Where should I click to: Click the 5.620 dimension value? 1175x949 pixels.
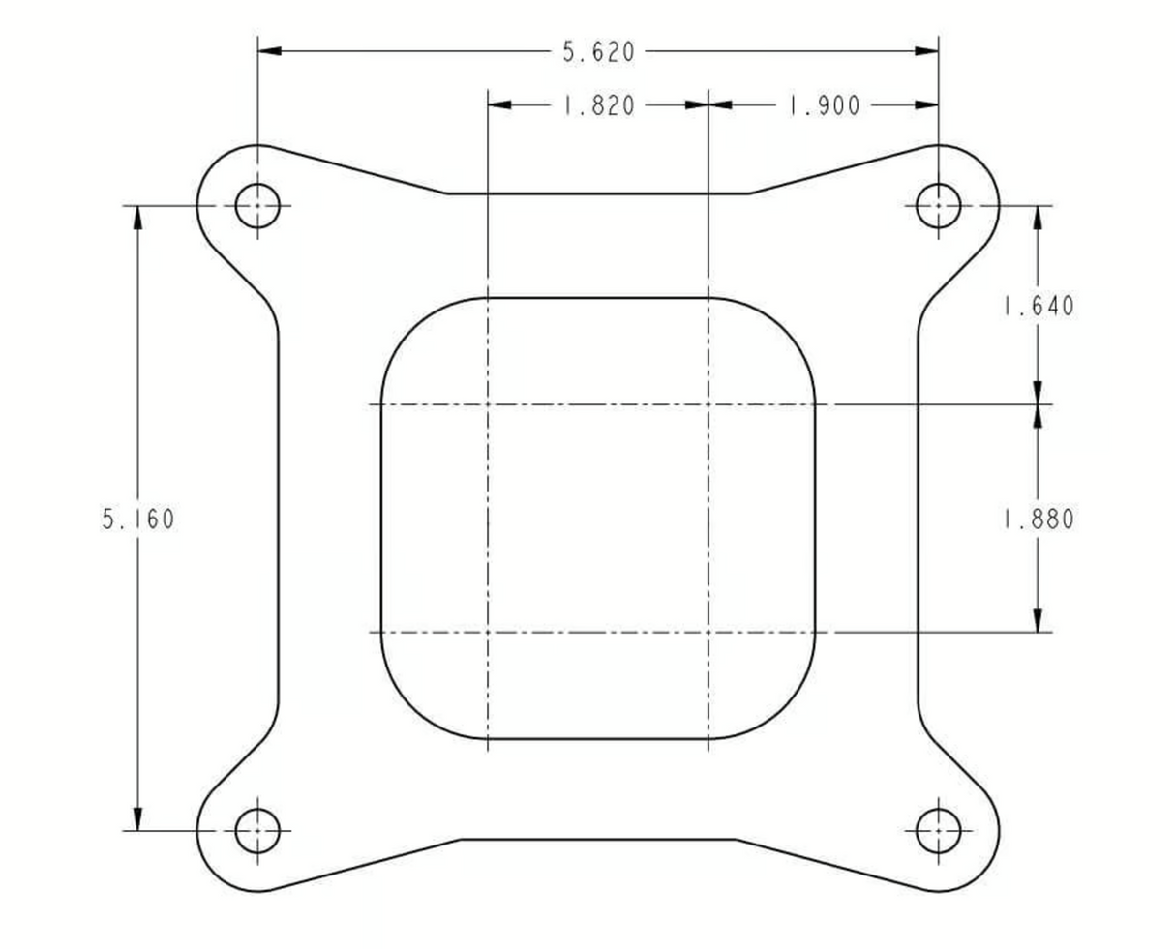[598, 52]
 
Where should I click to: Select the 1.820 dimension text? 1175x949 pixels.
[598, 105]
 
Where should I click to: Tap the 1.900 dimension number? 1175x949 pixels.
[824, 105]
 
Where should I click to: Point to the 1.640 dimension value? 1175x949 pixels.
[1038, 306]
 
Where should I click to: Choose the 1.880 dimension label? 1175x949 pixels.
[1038, 519]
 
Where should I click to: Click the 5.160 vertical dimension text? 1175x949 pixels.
[138, 519]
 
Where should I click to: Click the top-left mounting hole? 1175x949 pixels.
[257, 206]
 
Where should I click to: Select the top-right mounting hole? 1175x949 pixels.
[938, 206]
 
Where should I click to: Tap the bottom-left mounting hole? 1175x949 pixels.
[257, 830]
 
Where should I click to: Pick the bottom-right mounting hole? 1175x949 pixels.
[938, 830]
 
